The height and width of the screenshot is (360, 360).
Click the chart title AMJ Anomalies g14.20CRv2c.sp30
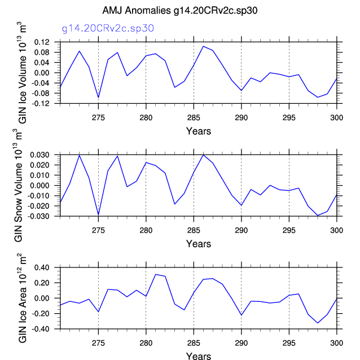tap(179, 11)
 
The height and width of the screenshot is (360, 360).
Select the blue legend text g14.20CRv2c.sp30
tap(108, 28)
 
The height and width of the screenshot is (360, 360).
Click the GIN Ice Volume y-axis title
tap(25, 73)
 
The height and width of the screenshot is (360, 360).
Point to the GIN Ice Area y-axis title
tap(25, 297)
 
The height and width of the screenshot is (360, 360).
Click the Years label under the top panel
tap(199, 131)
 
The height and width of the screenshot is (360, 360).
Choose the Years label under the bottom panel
tap(199, 356)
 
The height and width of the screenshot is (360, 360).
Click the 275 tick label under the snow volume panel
tap(99, 230)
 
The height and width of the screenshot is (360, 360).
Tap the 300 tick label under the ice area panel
tap(337, 343)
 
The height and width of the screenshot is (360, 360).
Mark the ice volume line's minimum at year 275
tap(99, 98)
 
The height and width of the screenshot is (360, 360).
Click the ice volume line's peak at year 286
tap(203, 46)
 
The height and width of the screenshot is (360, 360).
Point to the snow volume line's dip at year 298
tap(318, 216)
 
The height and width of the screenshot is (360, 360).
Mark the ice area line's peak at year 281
tap(156, 274)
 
